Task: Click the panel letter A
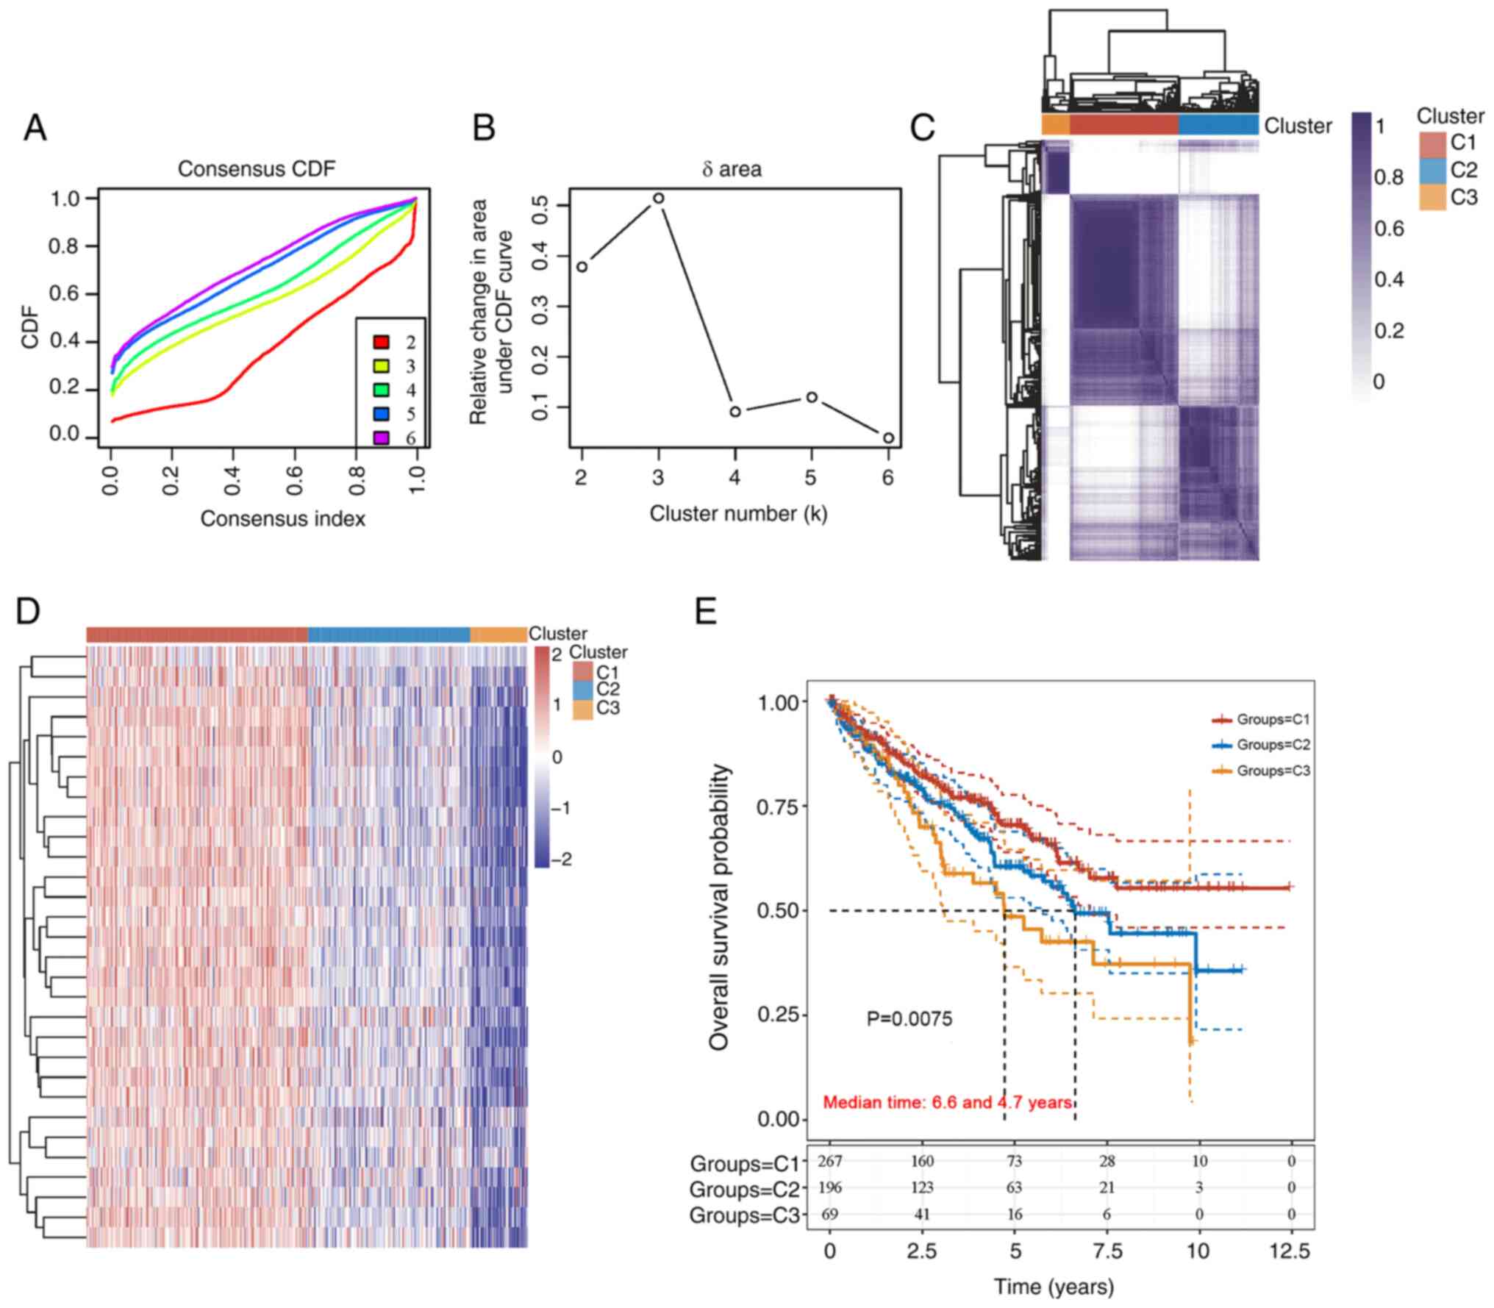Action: pyautogui.click(x=35, y=129)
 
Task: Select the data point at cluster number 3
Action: pyautogui.click(x=658, y=199)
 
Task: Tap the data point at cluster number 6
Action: pyautogui.click(x=888, y=438)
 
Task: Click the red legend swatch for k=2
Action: pyautogui.click(x=381, y=342)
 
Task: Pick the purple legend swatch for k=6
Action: pyautogui.click(x=381, y=438)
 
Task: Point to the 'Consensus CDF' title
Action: pyautogui.click(x=256, y=169)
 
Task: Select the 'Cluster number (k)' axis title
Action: pyautogui.click(x=738, y=513)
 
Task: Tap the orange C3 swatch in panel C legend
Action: pyautogui.click(x=1432, y=197)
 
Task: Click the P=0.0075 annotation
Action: pyautogui.click(x=909, y=1019)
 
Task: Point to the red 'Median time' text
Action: pyautogui.click(x=947, y=1102)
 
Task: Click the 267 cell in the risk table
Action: pyautogui.click(x=829, y=1161)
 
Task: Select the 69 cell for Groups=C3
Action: pyautogui.click(x=829, y=1214)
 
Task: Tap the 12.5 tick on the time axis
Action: pyautogui.click(x=1291, y=1251)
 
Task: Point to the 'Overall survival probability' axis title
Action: pyautogui.click(x=721, y=907)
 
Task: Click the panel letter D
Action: pyautogui.click(x=27, y=612)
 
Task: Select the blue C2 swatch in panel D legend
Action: pyautogui.click(x=583, y=690)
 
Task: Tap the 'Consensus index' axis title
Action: pyautogui.click(x=282, y=519)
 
